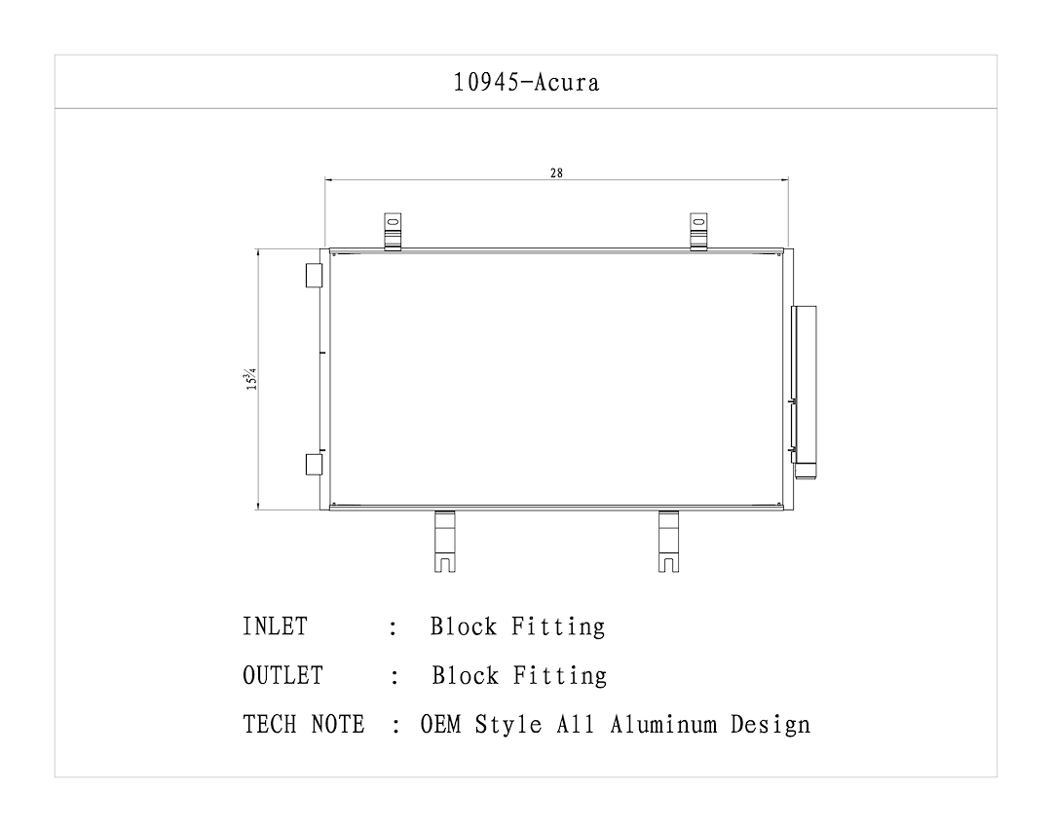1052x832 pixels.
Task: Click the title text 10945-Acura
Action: [x=526, y=82]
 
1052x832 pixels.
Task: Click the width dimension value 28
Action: [x=556, y=173]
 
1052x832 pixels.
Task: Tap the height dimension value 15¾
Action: [x=251, y=379]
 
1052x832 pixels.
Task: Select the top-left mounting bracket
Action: [x=393, y=232]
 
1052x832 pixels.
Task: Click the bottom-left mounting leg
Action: [x=444, y=541]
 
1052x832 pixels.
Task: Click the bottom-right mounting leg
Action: [x=669, y=541]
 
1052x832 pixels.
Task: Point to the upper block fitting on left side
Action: [x=314, y=276]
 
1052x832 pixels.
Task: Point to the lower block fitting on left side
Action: [x=314, y=464]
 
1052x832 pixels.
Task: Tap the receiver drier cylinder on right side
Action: [x=805, y=390]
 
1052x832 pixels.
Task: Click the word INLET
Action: [x=275, y=626]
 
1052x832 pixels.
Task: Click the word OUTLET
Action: [x=282, y=675]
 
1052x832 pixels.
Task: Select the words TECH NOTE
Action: [x=303, y=725]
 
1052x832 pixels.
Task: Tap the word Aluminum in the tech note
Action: [x=666, y=725]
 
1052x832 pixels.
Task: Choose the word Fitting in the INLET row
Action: [x=560, y=626]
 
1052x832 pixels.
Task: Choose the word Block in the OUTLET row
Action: [x=466, y=675]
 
